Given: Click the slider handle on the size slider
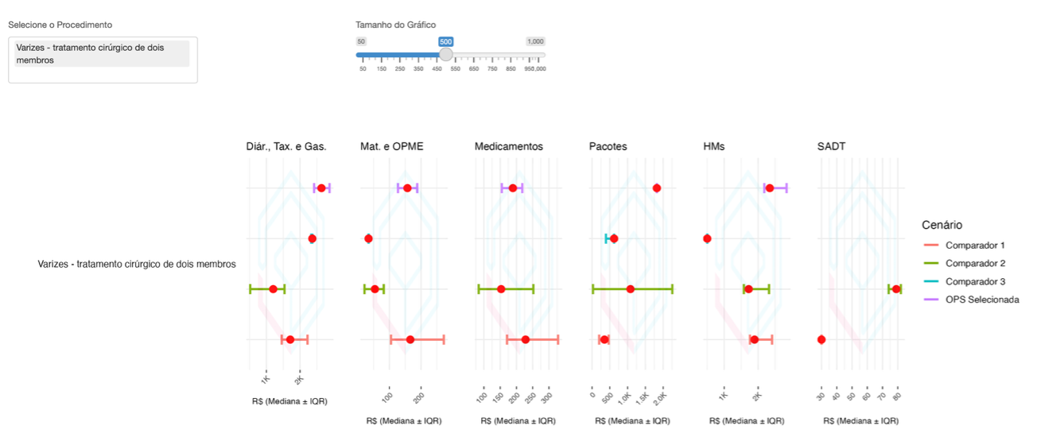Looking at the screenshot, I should click(446, 55).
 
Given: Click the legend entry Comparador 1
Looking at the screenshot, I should click(975, 245).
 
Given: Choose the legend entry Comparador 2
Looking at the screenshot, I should click(975, 263).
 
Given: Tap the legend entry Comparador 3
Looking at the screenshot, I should click(975, 281).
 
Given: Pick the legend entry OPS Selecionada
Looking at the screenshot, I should click(981, 300).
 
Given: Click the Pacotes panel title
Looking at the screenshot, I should click(608, 146).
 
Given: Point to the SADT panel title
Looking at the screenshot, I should click(832, 146).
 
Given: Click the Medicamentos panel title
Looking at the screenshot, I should click(508, 146).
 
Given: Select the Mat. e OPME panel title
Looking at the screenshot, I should click(391, 146).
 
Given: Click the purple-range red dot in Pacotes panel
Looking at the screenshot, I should click(657, 188).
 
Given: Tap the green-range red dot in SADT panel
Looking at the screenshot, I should click(896, 289).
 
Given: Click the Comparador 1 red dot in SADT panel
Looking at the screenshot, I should click(821, 340).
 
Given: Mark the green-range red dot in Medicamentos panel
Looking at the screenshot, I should click(501, 289).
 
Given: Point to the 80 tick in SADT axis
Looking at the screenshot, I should click(897, 396).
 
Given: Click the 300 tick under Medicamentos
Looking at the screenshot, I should click(547, 396).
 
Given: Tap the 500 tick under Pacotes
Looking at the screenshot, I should click(608, 396).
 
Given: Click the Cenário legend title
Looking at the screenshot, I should click(942, 225).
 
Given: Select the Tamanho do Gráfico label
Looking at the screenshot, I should click(395, 25).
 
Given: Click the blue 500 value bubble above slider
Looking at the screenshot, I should click(445, 41).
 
